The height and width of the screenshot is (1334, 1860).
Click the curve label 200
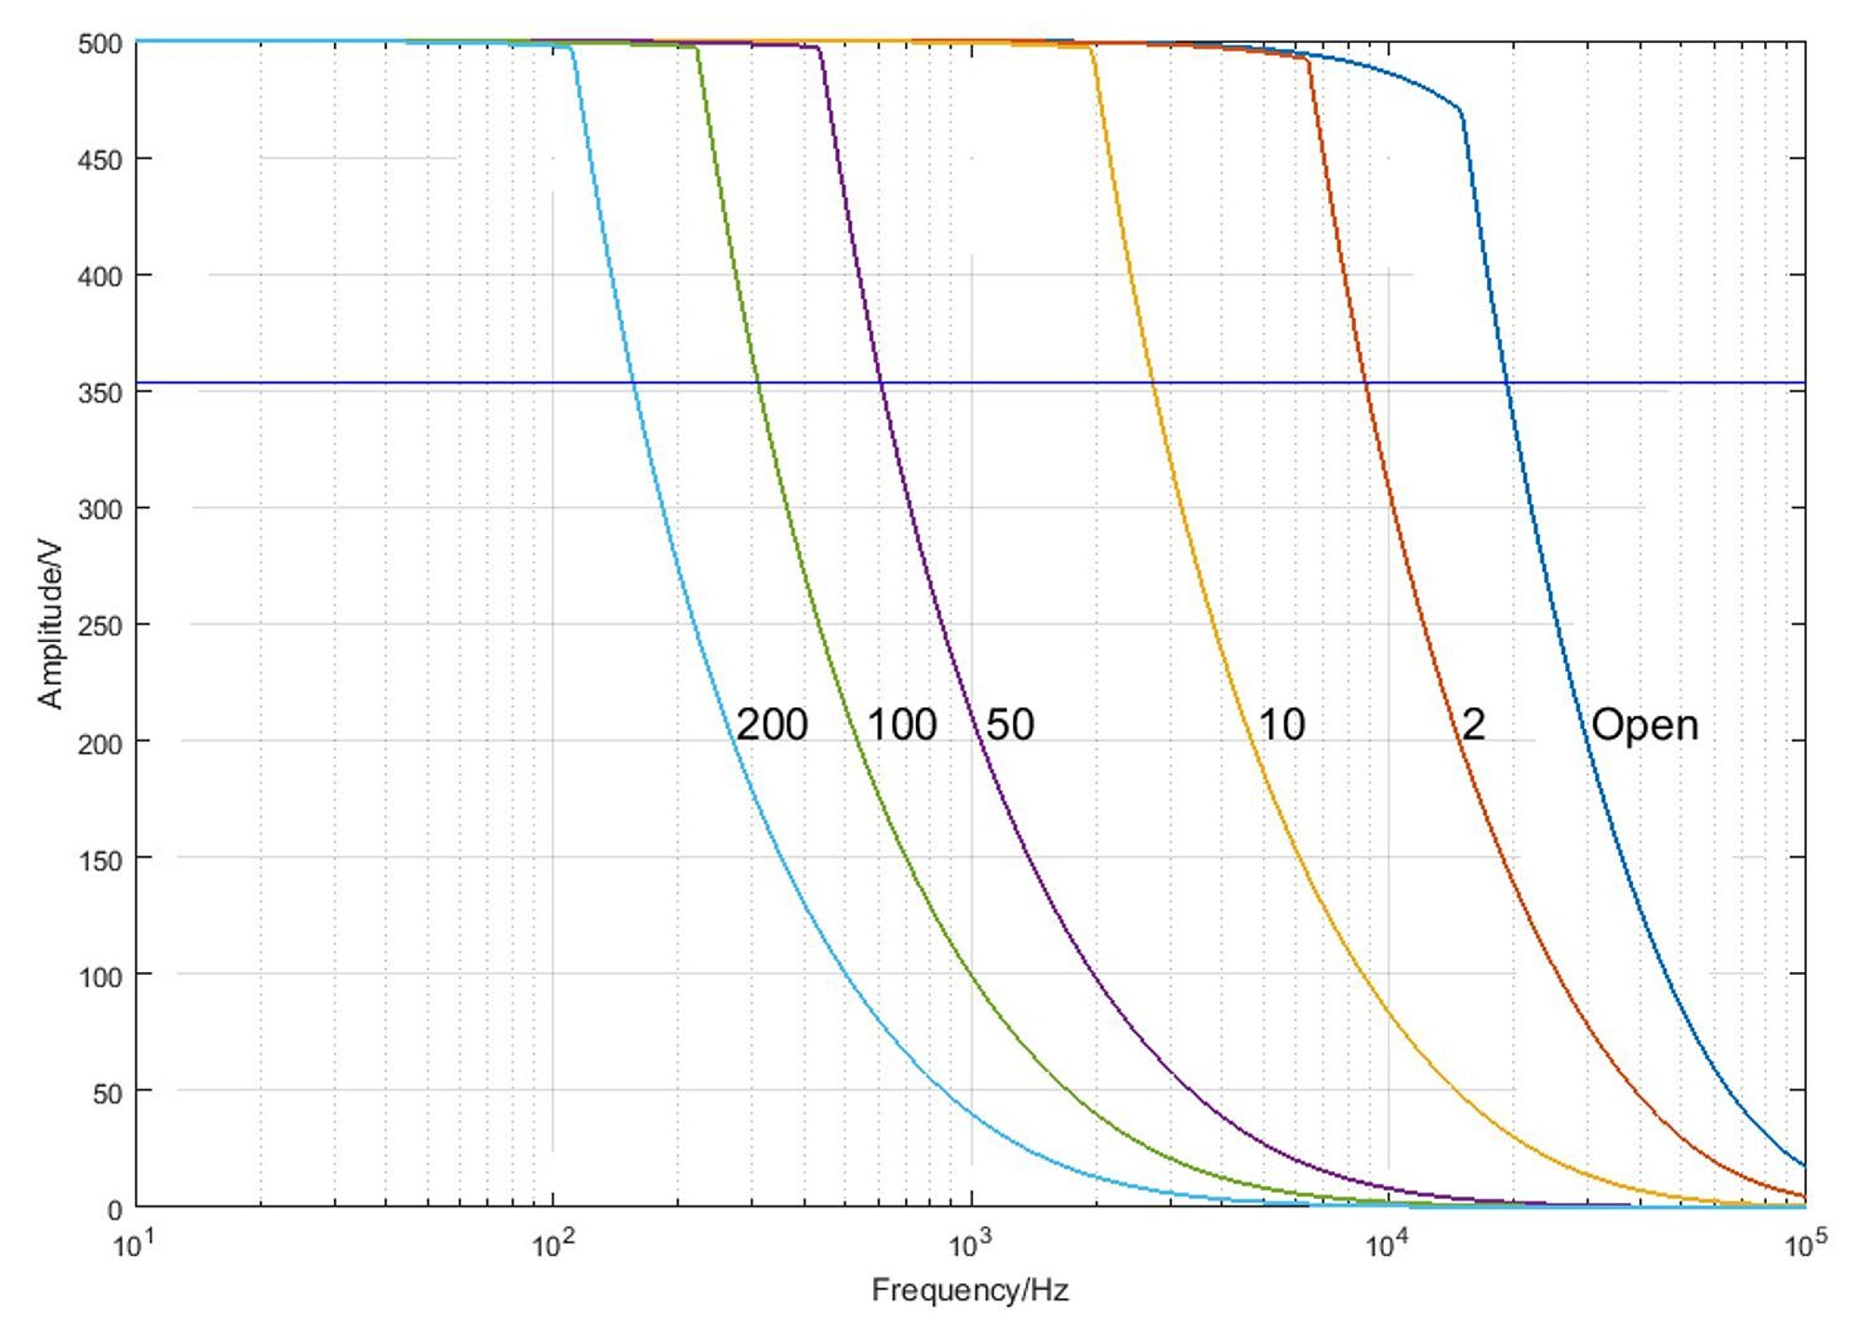(772, 725)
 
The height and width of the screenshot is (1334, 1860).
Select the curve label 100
(901, 725)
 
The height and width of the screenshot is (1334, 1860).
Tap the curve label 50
(1010, 725)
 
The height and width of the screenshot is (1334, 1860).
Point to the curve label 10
(1282, 725)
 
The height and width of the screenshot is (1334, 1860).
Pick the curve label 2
(1473, 725)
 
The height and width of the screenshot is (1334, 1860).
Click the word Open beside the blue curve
(1644, 725)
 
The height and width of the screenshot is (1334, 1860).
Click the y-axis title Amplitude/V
(50, 624)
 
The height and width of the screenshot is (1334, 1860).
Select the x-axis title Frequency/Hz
(970, 1290)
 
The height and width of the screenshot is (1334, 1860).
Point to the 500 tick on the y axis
(100, 44)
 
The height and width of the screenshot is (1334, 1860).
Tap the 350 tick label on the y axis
(100, 394)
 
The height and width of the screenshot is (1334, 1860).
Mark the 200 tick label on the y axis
(100, 743)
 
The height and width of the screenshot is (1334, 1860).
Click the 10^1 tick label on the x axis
(135, 1245)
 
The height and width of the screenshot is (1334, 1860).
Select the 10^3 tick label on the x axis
(970, 1245)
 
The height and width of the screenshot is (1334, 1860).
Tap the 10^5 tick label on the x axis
(1804, 1245)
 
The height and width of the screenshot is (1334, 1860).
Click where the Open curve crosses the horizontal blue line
(1507, 382)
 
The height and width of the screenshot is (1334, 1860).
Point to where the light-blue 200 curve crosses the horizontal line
(633, 382)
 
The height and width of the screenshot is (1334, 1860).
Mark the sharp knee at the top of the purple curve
(819, 47)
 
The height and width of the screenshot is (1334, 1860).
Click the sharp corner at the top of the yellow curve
(1090, 47)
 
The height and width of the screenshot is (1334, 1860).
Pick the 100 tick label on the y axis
(100, 977)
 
